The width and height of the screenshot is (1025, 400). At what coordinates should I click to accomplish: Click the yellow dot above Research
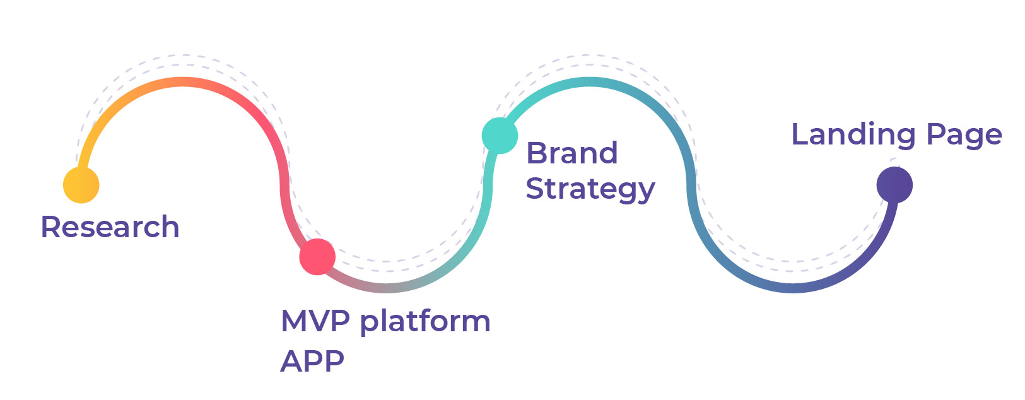click(x=81, y=185)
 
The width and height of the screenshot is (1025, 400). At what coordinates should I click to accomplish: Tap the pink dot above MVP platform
click(x=317, y=256)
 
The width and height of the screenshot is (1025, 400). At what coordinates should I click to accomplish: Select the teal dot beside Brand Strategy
click(x=500, y=135)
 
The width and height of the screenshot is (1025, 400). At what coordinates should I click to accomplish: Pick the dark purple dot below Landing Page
click(x=894, y=185)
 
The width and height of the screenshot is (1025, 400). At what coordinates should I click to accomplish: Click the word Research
click(x=110, y=227)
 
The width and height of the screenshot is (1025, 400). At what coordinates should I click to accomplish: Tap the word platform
click(x=425, y=322)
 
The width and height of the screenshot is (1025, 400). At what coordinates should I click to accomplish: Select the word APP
click(x=312, y=361)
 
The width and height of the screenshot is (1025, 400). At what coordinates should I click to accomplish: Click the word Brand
click(x=571, y=153)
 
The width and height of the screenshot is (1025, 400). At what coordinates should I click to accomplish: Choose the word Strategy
click(x=590, y=189)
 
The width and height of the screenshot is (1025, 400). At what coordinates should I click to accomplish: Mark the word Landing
click(x=853, y=135)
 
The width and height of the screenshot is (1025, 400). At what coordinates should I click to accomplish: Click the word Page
click(x=964, y=135)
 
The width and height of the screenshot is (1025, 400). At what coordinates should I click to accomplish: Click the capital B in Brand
click(x=536, y=153)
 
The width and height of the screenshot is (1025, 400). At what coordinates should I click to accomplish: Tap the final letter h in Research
click(x=170, y=226)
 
